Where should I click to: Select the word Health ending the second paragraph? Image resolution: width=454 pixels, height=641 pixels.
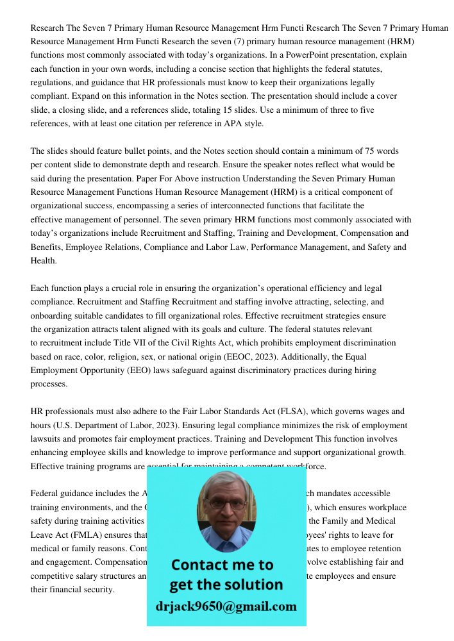tap(44, 260)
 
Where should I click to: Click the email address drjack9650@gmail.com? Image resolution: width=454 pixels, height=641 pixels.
tap(226, 606)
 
